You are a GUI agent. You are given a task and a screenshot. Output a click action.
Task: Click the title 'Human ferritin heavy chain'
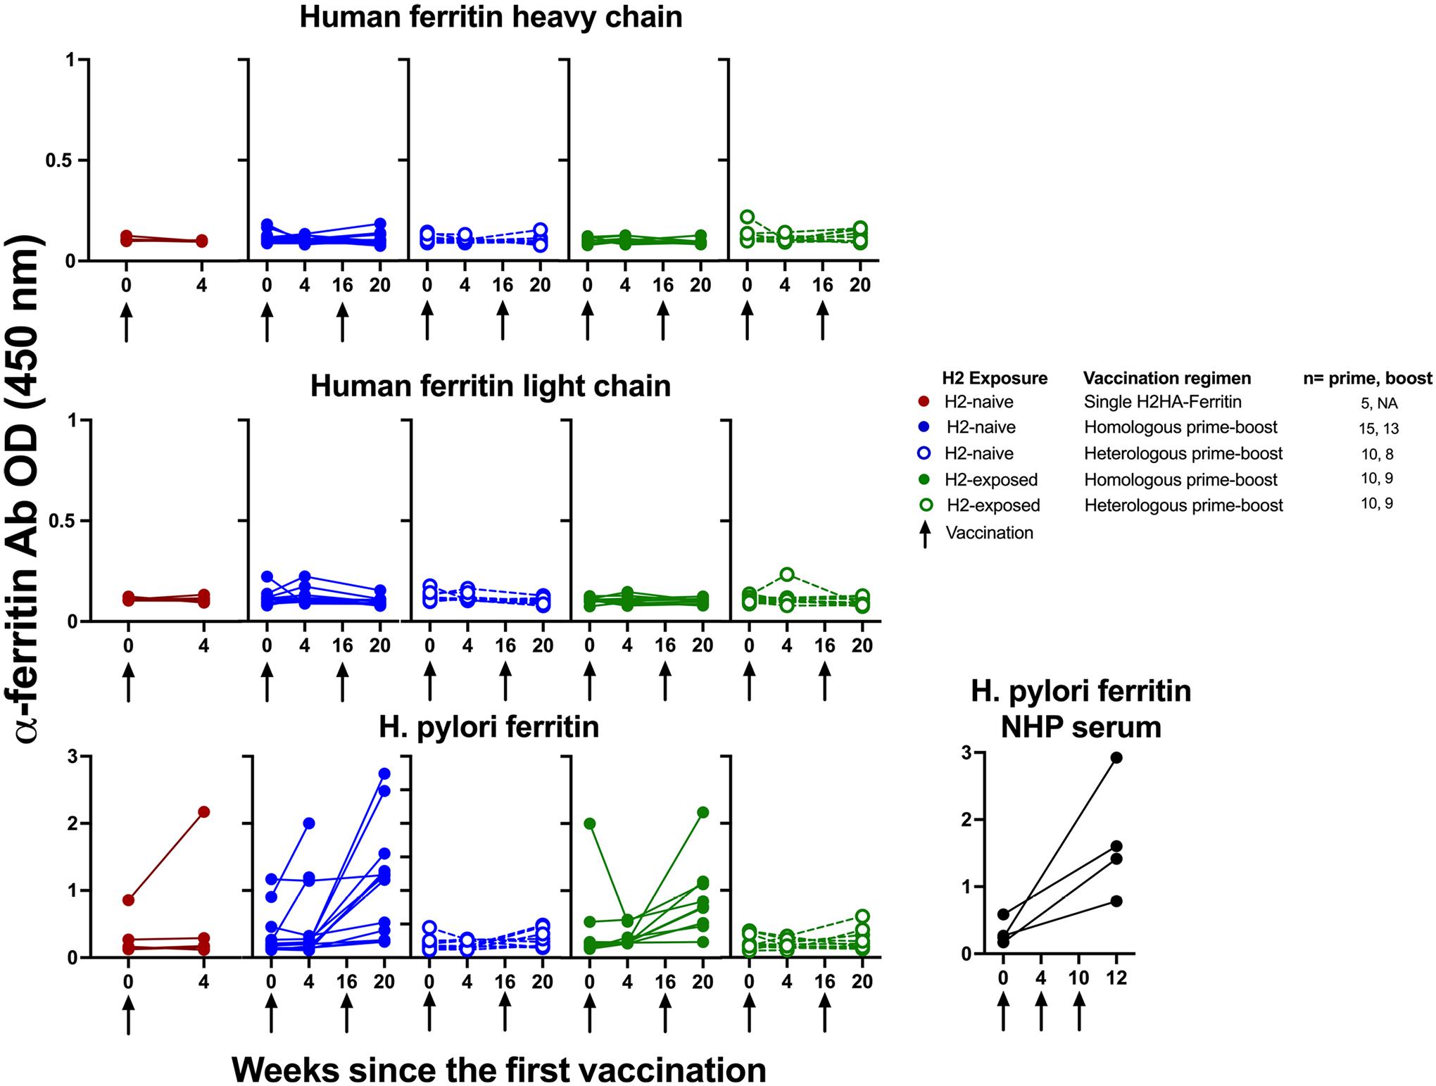(491, 17)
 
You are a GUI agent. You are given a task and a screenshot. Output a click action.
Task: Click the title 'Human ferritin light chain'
(491, 386)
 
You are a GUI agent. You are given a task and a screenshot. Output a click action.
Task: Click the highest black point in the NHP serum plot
(1116, 757)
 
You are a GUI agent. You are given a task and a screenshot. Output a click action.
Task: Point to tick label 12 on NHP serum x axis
(1116, 978)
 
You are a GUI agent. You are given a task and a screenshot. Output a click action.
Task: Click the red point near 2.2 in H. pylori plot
(203, 812)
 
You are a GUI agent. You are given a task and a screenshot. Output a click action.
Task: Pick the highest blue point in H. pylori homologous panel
(384, 774)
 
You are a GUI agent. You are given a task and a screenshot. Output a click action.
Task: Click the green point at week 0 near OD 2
(590, 823)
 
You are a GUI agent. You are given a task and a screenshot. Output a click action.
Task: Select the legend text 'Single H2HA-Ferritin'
(1162, 402)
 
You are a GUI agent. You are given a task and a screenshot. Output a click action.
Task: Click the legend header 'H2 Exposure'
(995, 378)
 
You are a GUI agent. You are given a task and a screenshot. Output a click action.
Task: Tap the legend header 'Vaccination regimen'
(1167, 378)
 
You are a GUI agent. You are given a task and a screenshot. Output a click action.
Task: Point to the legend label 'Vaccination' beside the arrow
(989, 533)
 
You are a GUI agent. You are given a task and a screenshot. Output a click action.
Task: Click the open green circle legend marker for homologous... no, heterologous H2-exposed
(927, 505)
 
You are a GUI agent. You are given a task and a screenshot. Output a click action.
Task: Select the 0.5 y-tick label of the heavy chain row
(61, 160)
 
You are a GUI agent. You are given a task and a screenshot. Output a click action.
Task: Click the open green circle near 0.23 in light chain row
(787, 574)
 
